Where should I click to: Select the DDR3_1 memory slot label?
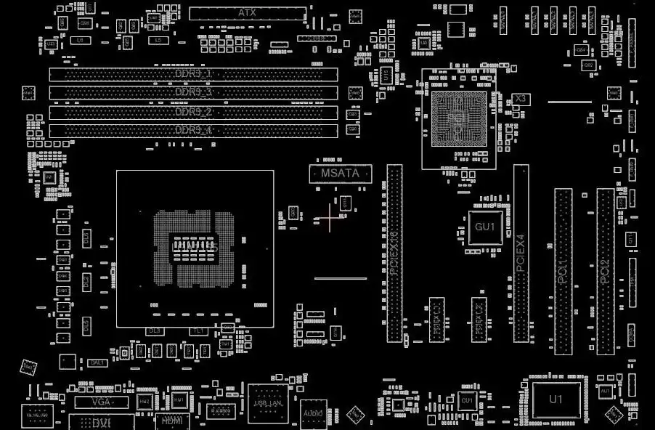193,74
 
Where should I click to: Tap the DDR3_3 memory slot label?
193,93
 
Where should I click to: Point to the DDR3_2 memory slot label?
193,112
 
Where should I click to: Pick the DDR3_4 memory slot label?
193,131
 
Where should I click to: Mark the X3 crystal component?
519,98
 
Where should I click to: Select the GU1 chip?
484,227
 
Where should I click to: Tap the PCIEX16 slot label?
394,253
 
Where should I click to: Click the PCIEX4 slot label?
521,253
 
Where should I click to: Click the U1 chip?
556,399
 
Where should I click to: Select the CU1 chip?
466,400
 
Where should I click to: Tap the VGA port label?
102,402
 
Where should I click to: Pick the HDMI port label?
172,420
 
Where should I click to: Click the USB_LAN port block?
268,403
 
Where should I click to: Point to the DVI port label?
102,422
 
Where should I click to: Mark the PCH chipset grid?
457,119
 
